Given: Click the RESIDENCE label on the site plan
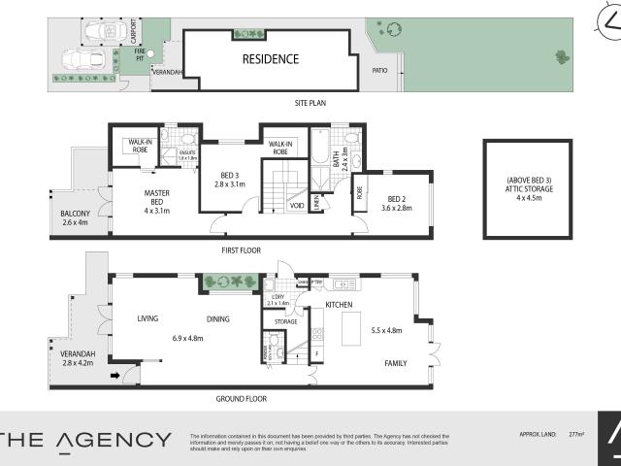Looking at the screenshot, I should [271, 58].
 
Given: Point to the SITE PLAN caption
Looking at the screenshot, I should [313, 102].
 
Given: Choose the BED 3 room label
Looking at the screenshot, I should [223, 178].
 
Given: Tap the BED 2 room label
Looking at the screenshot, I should [391, 201].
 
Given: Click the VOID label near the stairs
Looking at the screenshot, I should [297, 206].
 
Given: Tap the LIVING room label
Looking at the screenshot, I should [147, 318].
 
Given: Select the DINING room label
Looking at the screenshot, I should [219, 318].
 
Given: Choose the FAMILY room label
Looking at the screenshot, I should [396, 363].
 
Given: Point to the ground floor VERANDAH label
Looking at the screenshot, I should [78, 354].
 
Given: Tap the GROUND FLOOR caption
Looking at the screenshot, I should [243, 399].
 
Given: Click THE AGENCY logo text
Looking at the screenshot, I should [86, 439].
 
